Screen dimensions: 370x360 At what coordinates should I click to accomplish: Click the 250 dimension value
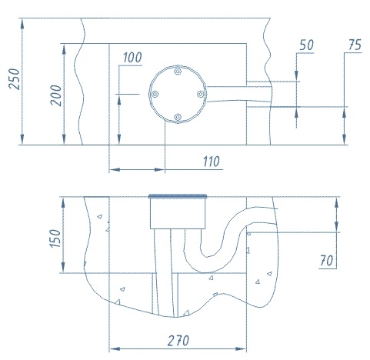(15, 79)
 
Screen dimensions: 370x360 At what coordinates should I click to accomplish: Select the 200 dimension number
(56, 95)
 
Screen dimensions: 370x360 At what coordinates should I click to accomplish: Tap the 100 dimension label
(132, 58)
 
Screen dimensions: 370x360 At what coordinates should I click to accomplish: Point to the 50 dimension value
(306, 45)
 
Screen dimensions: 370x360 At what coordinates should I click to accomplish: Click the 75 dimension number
(355, 45)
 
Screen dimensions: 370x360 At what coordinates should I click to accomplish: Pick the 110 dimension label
(212, 162)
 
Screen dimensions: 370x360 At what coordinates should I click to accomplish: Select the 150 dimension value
(55, 238)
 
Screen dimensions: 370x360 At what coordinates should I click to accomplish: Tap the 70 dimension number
(326, 261)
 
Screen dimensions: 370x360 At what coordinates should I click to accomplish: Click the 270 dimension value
(178, 341)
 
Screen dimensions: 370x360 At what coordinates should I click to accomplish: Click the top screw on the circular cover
(178, 71)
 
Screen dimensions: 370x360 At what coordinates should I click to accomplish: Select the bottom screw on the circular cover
(178, 117)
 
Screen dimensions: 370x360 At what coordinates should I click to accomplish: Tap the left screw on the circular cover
(155, 95)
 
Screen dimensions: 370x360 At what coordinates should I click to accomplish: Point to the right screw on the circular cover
(201, 94)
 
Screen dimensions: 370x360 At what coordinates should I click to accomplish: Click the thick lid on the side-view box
(178, 196)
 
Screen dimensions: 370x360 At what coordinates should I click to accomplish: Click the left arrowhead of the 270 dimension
(115, 349)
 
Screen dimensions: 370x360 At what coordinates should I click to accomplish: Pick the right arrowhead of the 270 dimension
(241, 349)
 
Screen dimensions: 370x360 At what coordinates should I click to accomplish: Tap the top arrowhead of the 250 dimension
(22, 24)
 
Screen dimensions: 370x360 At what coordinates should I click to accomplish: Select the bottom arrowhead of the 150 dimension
(64, 268)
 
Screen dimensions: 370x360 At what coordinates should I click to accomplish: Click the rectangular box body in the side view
(178, 213)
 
